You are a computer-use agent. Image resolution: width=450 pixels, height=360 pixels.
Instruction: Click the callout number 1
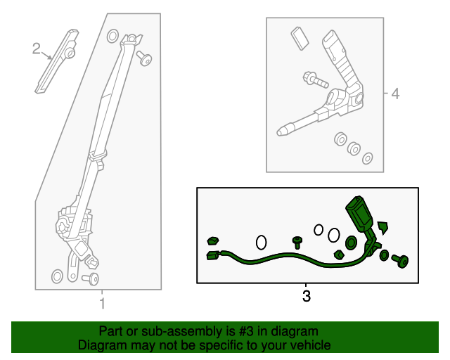pyautogui.click(x=103, y=304)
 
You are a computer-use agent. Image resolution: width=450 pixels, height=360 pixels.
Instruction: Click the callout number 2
pyautogui.click(x=36, y=49)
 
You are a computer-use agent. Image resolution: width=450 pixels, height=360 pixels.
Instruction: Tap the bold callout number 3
pyautogui.click(x=307, y=296)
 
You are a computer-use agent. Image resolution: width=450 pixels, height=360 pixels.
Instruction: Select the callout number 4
pyautogui.click(x=395, y=94)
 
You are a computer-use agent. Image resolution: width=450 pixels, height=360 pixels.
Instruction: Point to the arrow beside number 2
pyautogui.click(x=46, y=56)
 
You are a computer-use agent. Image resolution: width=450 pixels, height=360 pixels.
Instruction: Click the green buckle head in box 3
pyautogui.click(x=359, y=213)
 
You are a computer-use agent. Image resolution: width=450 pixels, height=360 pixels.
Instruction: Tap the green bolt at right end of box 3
pyautogui.click(x=400, y=261)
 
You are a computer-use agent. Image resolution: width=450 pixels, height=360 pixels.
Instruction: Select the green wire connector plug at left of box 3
pyautogui.click(x=213, y=255)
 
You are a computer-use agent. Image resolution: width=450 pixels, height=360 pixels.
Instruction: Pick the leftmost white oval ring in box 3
pyautogui.click(x=261, y=243)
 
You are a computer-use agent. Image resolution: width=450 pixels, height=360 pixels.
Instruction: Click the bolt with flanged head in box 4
pyautogui.click(x=315, y=80)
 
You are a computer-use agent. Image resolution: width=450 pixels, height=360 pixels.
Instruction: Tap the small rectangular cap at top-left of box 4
pyautogui.click(x=300, y=39)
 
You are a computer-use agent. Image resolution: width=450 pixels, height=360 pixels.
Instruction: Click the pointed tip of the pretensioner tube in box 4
pyautogui.click(x=278, y=133)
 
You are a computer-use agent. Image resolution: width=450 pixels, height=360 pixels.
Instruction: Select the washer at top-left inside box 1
pyautogui.click(x=112, y=36)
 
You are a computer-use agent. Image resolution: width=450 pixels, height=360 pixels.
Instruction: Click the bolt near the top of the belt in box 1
pyautogui.click(x=144, y=58)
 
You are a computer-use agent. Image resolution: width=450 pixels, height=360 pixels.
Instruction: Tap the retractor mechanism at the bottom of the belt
pyautogui.click(x=74, y=227)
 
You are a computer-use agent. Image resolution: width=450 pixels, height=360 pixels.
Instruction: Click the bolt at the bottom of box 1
pyautogui.click(x=91, y=278)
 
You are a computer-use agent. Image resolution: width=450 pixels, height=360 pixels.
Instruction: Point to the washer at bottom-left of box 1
pyautogui.click(x=57, y=276)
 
